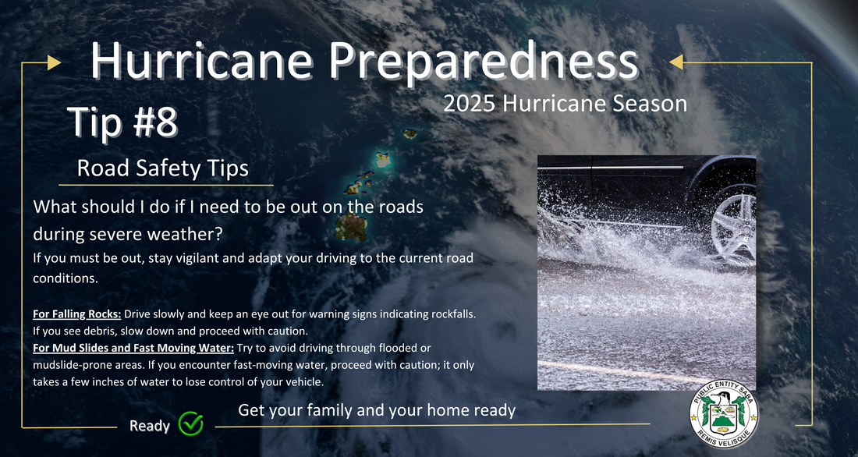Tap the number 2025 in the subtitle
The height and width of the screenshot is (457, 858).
coord(469,104)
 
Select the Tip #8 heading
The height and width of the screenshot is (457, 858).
coord(122,122)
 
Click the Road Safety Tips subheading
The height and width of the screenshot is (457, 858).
coord(162,168)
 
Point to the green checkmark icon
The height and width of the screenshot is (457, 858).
coord(191,423)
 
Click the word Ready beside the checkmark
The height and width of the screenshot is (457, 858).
coord(150,427)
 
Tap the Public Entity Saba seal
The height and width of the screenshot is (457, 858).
coord(723,414)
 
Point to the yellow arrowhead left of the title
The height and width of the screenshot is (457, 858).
coord(54,62)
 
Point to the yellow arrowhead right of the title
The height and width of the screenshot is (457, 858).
coord(676,62)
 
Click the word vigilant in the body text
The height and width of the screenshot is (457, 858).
coord(195,258)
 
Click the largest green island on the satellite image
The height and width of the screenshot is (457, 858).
coord(351,227)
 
